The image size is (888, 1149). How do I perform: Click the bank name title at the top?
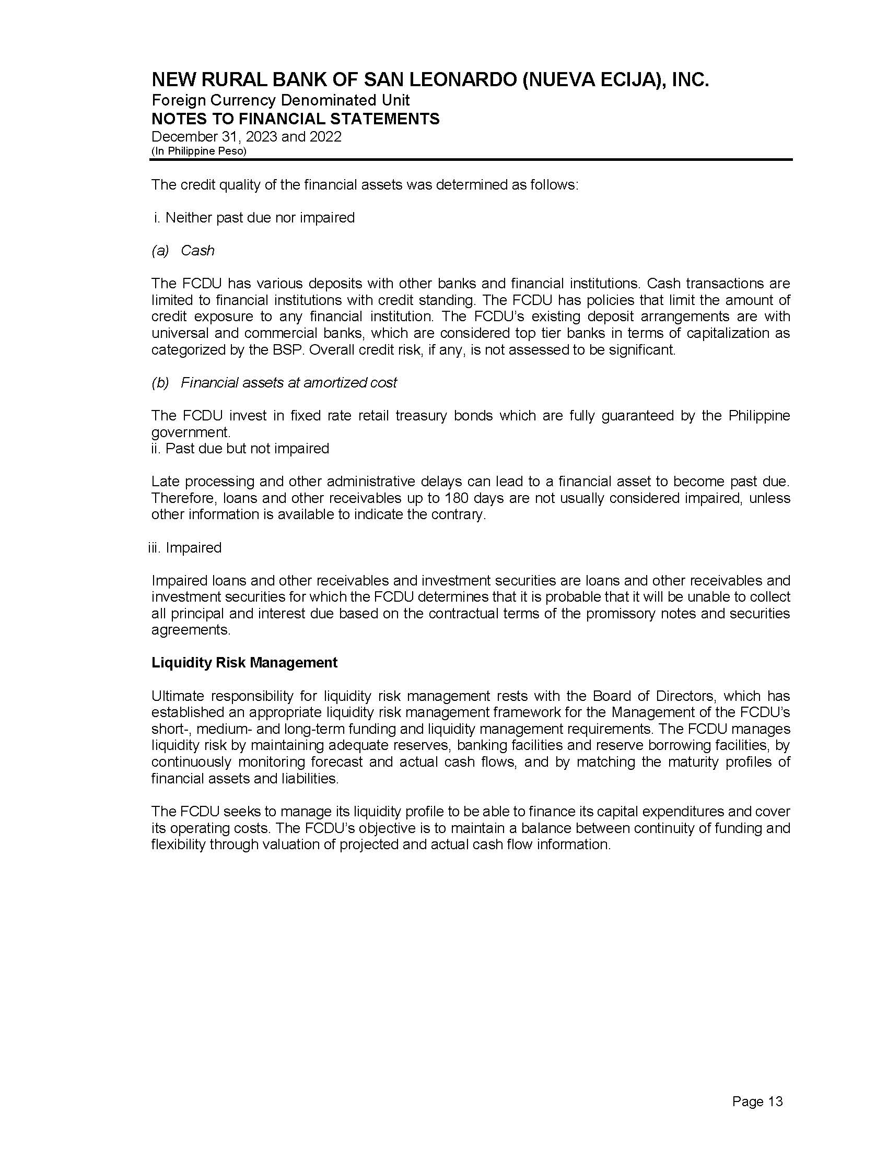(x=430, y=80)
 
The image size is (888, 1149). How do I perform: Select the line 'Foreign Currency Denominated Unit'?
(x=281, y=100)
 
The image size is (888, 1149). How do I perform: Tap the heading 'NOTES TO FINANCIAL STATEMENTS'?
(x=295, y=119)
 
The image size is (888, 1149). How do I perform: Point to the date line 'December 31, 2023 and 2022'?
(x=246, y=137)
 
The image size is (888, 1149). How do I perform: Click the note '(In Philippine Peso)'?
(x=199, y=151)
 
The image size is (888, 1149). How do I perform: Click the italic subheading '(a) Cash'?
(x=183, y=250)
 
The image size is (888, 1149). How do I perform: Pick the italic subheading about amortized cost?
(x=274, y=382)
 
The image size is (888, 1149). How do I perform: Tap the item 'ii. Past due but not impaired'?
(x=240, y=448)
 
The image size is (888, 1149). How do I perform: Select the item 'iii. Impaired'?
(x=184, y=548)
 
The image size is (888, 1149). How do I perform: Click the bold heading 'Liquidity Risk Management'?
(x=244, y=662)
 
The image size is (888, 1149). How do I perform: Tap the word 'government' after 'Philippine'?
(x=191, y=432)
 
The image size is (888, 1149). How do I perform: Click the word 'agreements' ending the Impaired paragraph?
(x=191, y=630)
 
